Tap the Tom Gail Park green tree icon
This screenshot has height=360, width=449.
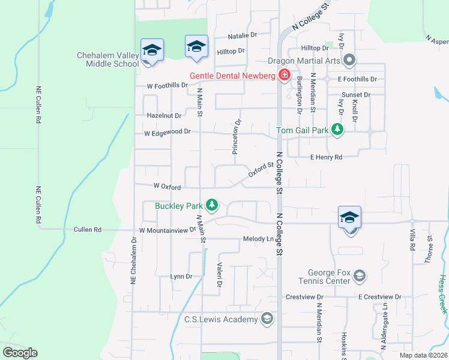[x=337, y=130]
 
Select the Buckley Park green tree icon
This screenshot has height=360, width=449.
[x=211, y=206]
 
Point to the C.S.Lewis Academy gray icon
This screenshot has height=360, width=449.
[x=267, y=319]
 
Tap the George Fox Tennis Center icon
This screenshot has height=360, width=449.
[x=359, y=276]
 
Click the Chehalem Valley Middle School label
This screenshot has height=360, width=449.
[x=108, y=59]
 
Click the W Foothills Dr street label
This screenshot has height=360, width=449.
[x=168, y=86]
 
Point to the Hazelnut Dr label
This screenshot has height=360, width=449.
[x=164, y=115]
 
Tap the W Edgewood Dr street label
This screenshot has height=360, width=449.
[x=167, y=131]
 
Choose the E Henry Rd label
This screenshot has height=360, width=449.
[x=326, y=157]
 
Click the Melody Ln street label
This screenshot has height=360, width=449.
[x=258, y=239]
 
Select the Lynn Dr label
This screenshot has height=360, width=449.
[x=181, y=277]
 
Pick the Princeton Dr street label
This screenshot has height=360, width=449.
[x=238, y=137]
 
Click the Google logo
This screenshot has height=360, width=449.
[x=20, y=353]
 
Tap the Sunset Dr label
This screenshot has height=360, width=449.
[x=355, y=95]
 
